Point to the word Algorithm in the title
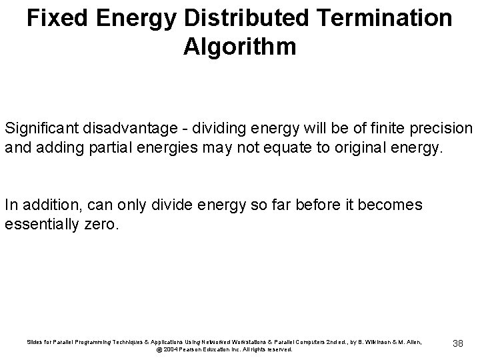(239, 47)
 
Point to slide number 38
(457, 343)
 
